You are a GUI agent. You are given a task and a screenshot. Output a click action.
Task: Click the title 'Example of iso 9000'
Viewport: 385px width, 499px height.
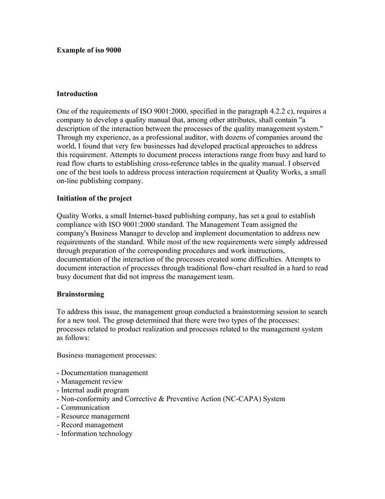pos(89,50)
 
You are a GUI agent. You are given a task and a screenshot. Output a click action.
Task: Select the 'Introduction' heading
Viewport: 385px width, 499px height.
pos(77,94)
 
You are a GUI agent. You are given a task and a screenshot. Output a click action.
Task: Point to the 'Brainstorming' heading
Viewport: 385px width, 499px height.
pos(80,294)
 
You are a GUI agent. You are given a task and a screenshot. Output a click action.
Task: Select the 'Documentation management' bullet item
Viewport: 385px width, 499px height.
pos(102,373)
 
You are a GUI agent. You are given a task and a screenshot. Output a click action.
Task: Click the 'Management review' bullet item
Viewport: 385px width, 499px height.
pos(90,381)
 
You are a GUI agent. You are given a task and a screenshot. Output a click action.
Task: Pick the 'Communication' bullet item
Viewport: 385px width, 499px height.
pos(83,407)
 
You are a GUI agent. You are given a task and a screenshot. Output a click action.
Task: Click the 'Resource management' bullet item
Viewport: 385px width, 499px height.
pos(93,416)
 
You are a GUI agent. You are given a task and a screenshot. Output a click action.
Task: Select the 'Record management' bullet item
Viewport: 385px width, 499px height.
pos(89,425)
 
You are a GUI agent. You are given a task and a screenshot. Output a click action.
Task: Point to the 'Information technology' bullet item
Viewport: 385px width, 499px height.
pos(94,434)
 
